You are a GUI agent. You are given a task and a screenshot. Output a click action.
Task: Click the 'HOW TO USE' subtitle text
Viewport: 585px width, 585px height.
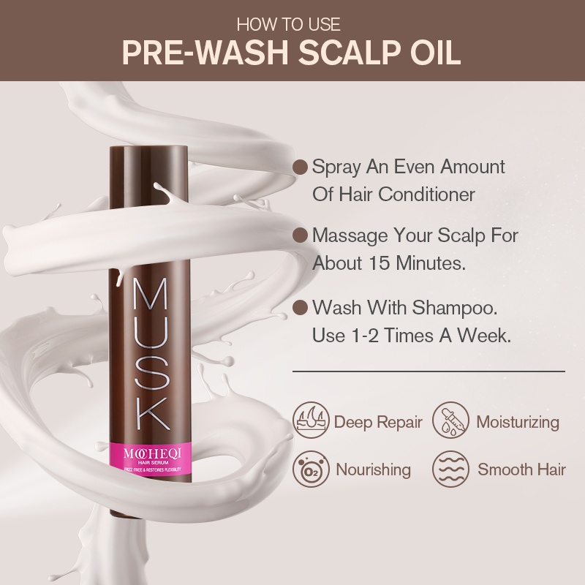(292, 23)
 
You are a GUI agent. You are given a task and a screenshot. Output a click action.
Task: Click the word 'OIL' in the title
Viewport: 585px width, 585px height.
(434, 53)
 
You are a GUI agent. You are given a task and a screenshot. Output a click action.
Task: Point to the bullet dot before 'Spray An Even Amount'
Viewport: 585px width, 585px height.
(299, 167)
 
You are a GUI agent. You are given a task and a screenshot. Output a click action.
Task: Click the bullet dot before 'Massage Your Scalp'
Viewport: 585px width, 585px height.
(299, 235)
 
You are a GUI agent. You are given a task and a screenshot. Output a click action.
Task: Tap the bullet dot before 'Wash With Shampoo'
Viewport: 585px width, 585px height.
(299, 307)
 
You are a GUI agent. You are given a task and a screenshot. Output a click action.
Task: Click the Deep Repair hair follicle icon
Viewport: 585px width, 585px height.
(311, 422)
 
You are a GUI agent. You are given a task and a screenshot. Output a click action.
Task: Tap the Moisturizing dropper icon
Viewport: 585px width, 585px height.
(450, 422)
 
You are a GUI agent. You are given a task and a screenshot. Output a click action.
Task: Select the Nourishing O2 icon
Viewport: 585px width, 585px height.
(311, 469)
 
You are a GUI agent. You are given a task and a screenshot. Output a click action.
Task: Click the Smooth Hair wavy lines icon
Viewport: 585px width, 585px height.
(450, 469)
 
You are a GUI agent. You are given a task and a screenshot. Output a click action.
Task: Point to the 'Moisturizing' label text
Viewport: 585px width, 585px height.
(518, 422)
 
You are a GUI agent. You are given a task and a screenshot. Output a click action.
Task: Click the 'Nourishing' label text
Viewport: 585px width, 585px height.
(373, 469)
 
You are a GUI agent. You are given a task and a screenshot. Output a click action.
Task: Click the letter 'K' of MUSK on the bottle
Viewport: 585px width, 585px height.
(151, 414)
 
